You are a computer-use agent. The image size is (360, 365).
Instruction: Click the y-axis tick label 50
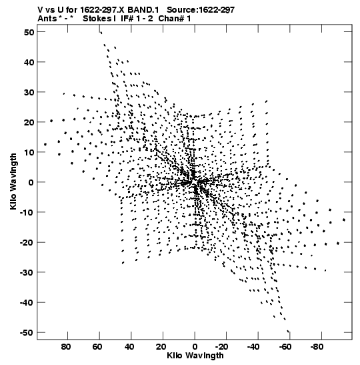point(29,32)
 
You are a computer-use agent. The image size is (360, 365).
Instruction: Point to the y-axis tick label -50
point(27,333)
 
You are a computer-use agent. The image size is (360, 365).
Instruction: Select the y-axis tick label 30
point(29,92)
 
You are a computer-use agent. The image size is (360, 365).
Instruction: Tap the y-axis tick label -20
point(27,243)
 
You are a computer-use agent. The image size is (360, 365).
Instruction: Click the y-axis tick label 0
point(31,182)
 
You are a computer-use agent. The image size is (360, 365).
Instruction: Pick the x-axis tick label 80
point(66,347)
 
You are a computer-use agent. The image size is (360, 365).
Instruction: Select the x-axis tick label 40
point(129,347)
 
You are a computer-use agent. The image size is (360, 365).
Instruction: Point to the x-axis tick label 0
point(195,347)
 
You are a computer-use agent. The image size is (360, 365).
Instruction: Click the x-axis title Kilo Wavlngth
point(195,356)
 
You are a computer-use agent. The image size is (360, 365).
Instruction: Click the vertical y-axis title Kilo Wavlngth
point(13,181)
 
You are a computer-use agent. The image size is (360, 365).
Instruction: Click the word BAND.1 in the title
point(143,10)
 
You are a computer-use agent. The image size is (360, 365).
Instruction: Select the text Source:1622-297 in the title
point(201,10)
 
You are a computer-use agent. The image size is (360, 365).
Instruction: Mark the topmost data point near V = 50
point(101,33)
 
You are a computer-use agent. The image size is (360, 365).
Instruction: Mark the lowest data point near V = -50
point(288,331)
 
